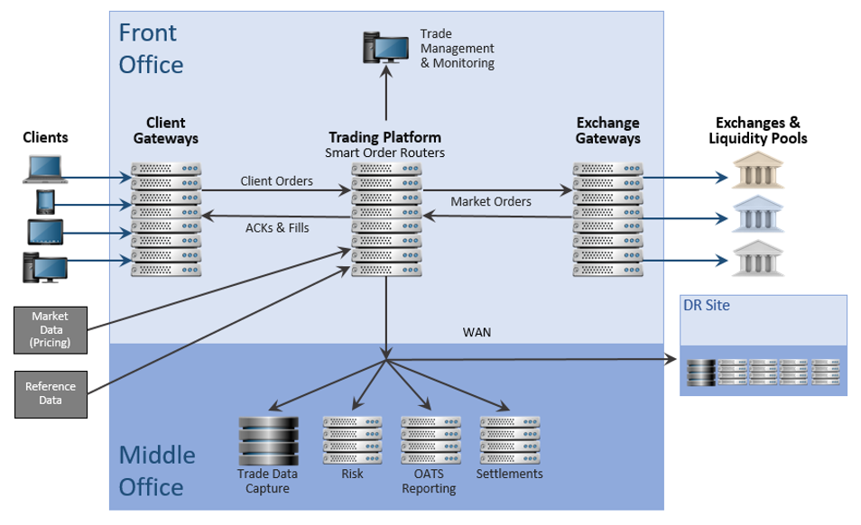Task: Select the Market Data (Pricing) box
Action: [51, 329]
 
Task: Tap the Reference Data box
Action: [51, 393]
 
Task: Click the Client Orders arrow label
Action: [277, 181]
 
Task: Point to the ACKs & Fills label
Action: [277, 227]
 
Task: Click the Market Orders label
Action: [491, 201]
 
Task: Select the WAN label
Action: [477, 332]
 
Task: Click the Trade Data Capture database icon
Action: [267, 440]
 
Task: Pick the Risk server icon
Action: [352, 439]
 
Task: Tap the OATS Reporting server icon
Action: [430, 439]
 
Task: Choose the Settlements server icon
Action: [509, 439]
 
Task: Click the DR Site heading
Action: [707, 306]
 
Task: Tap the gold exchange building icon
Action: [756, 172]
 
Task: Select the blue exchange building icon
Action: [756, 216]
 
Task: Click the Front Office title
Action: [150, 49]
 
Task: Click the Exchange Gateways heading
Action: [608, 131]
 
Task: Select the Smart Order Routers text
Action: [384, 152]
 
